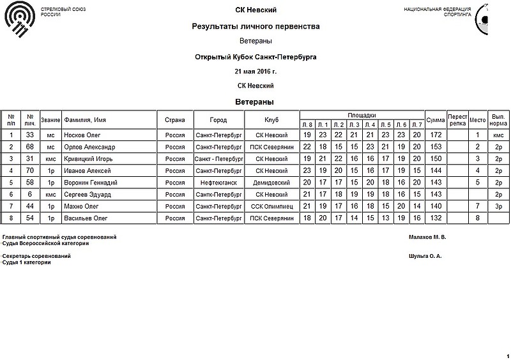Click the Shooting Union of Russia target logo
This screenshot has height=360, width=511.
tap(19, 19)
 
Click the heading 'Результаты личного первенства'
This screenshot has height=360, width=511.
tap(256, 27)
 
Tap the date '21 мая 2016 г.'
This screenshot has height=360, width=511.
tap(256, 71)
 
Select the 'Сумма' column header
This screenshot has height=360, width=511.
tap(436, 119)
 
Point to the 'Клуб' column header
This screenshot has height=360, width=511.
tap(271, 119)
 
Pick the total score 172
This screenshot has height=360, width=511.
tap(436, 135)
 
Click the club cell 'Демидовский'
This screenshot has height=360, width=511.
tap(271, 182)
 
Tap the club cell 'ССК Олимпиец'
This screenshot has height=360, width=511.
tap(271, 206)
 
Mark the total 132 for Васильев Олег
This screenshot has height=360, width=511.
tap(436, 218)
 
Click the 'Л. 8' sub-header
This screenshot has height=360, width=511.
tap(307, 124)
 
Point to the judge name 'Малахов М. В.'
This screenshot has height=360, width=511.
tap(427, 237)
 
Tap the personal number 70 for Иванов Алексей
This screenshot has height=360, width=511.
tap(30, 170)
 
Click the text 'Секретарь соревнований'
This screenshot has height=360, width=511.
tap(37, 256)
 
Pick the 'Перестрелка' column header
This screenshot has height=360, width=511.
tap(457, 119)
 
